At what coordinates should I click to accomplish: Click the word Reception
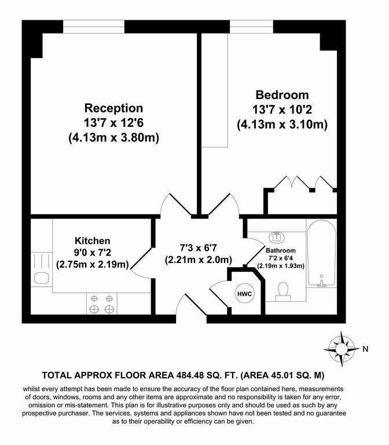tap(113, 108)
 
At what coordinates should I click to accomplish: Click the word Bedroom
tap(282, 95)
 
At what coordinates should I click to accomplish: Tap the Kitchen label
tap(93, 240)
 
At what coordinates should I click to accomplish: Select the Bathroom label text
tap(281, 250)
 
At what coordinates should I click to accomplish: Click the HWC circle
tap(244, 294)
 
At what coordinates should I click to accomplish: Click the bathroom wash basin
tap(277, 236)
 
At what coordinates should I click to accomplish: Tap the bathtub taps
tap(321, 280)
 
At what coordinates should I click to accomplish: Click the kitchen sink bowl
tap(42, 278)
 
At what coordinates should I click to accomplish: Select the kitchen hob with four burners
tap(102, 304)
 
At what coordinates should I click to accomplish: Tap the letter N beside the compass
tap(365, 349)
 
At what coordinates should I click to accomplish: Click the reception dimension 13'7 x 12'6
tap(113, 123)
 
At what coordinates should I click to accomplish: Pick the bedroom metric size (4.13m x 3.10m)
tap(282, 125)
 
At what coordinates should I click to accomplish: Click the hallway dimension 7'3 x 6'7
tap(199, 248)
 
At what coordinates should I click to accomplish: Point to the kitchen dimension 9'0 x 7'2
tap(93, 252)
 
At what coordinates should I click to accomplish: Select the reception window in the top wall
tap(94, 27)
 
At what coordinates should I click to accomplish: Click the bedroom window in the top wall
tap(251, 27)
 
